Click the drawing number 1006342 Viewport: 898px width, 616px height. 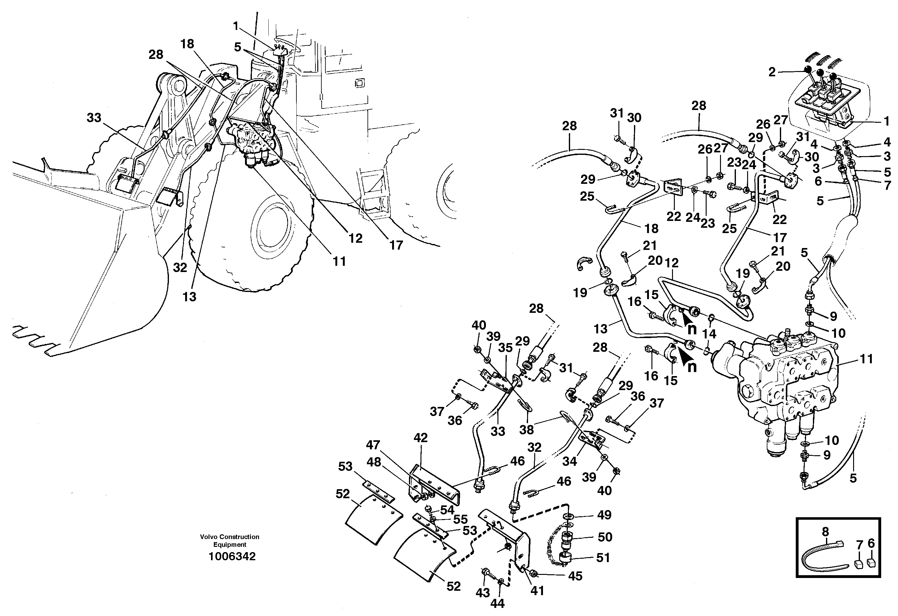coord(232,556)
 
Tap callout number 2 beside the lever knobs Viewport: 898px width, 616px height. coord(772,72)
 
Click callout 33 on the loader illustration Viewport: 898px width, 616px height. coord(94,117)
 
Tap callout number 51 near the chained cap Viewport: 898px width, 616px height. coord(603,558)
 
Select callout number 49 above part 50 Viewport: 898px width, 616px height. coord(604,515)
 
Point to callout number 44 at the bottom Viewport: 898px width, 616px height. coord(497,603)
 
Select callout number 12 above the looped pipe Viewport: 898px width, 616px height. coord(672,263)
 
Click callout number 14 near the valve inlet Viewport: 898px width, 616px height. coord(709,334)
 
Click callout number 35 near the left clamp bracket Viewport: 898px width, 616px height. coord(505,348)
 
